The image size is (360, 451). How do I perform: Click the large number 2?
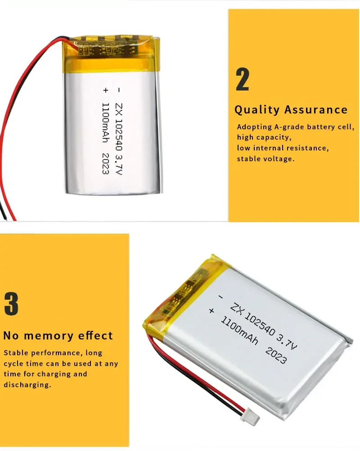click(243, 79)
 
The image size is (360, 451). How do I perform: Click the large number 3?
click(11, 304)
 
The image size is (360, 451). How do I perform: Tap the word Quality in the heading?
click(257, 110)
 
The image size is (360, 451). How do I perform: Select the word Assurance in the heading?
click(316, 109)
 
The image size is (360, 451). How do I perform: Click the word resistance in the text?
click(306, 148)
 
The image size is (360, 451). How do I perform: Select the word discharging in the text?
click(27, 384)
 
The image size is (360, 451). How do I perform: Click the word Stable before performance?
click(16, 352)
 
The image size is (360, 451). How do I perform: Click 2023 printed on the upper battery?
click(106, 163)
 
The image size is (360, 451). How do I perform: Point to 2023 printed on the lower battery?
click(276, 356)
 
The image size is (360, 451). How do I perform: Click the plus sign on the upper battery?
click(106, 90)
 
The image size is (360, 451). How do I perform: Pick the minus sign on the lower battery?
click(221, 297)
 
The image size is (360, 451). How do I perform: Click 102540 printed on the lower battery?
click(260, 324)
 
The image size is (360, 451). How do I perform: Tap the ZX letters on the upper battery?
click(118, 111)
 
